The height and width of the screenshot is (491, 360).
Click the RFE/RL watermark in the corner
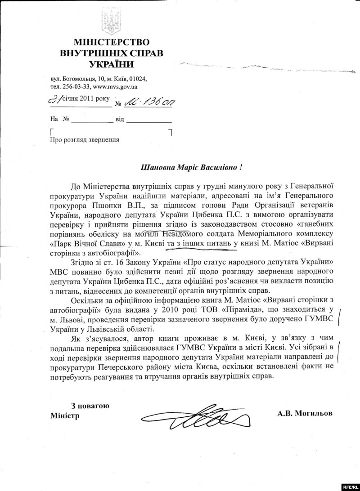[348, 486]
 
